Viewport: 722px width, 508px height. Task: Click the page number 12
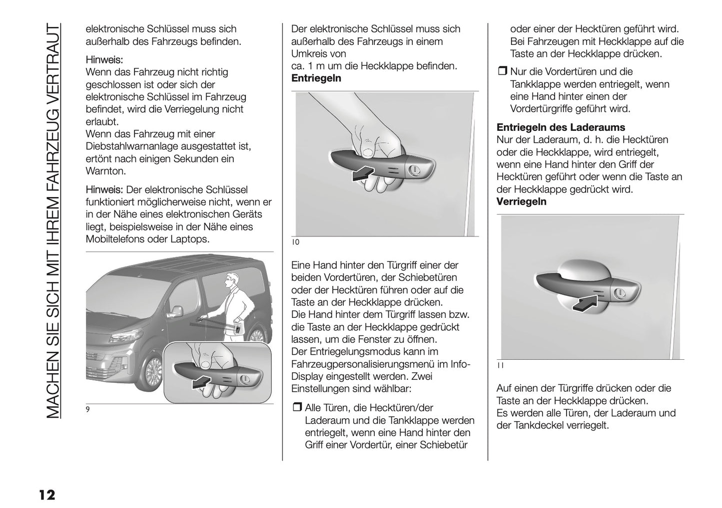tap(45, 496)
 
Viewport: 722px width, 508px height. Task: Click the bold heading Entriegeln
tap(316, 78)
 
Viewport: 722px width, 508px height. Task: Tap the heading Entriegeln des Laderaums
tap(561, 128)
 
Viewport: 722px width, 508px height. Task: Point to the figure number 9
tap(88, 410)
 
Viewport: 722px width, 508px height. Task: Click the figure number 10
tap(295, 243)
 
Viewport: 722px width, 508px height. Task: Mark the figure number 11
tap(500, 365)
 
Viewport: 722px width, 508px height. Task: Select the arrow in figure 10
tap(362, 174)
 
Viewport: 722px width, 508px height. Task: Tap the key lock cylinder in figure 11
tap(619, 293)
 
